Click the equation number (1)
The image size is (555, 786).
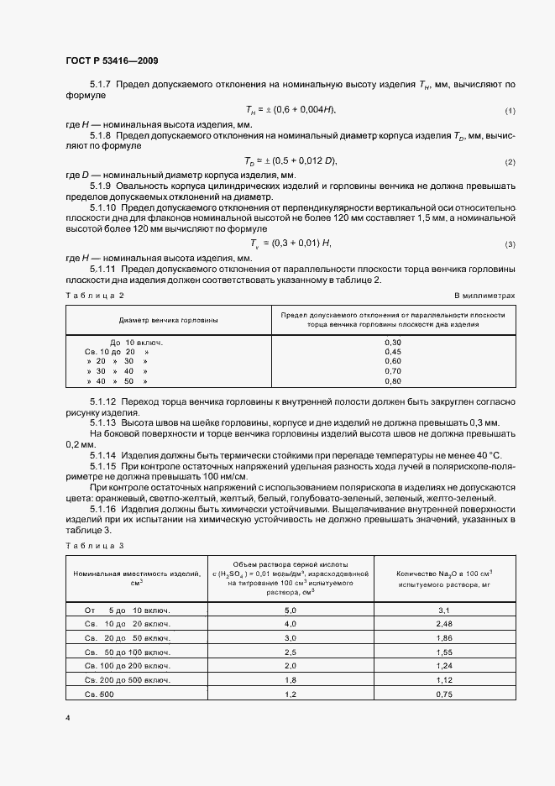(x=510, y=112)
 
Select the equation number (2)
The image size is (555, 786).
(x=510, y=161)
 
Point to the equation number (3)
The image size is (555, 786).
(x=510, y=244)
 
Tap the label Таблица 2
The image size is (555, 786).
(x=95, y=296)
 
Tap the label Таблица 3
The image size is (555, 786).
(x=95, y=546)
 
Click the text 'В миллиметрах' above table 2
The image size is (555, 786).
(x=484, y=296)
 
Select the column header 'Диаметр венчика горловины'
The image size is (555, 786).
(x=168, y=320)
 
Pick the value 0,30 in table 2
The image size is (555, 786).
(x=393, y=343)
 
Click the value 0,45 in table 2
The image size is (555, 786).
(x=393, y=352)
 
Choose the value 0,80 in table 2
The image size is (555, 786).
(x=393, y=380)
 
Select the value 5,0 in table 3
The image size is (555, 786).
(x=291, y=610)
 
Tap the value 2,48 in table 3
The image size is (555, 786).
(x=445, y=624)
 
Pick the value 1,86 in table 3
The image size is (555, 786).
(x=445, y=638)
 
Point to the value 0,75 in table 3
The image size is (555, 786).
(x=445, y=694)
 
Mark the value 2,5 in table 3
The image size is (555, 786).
(x=291, y=652)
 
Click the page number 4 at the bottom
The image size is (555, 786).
(x=67, y=719)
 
